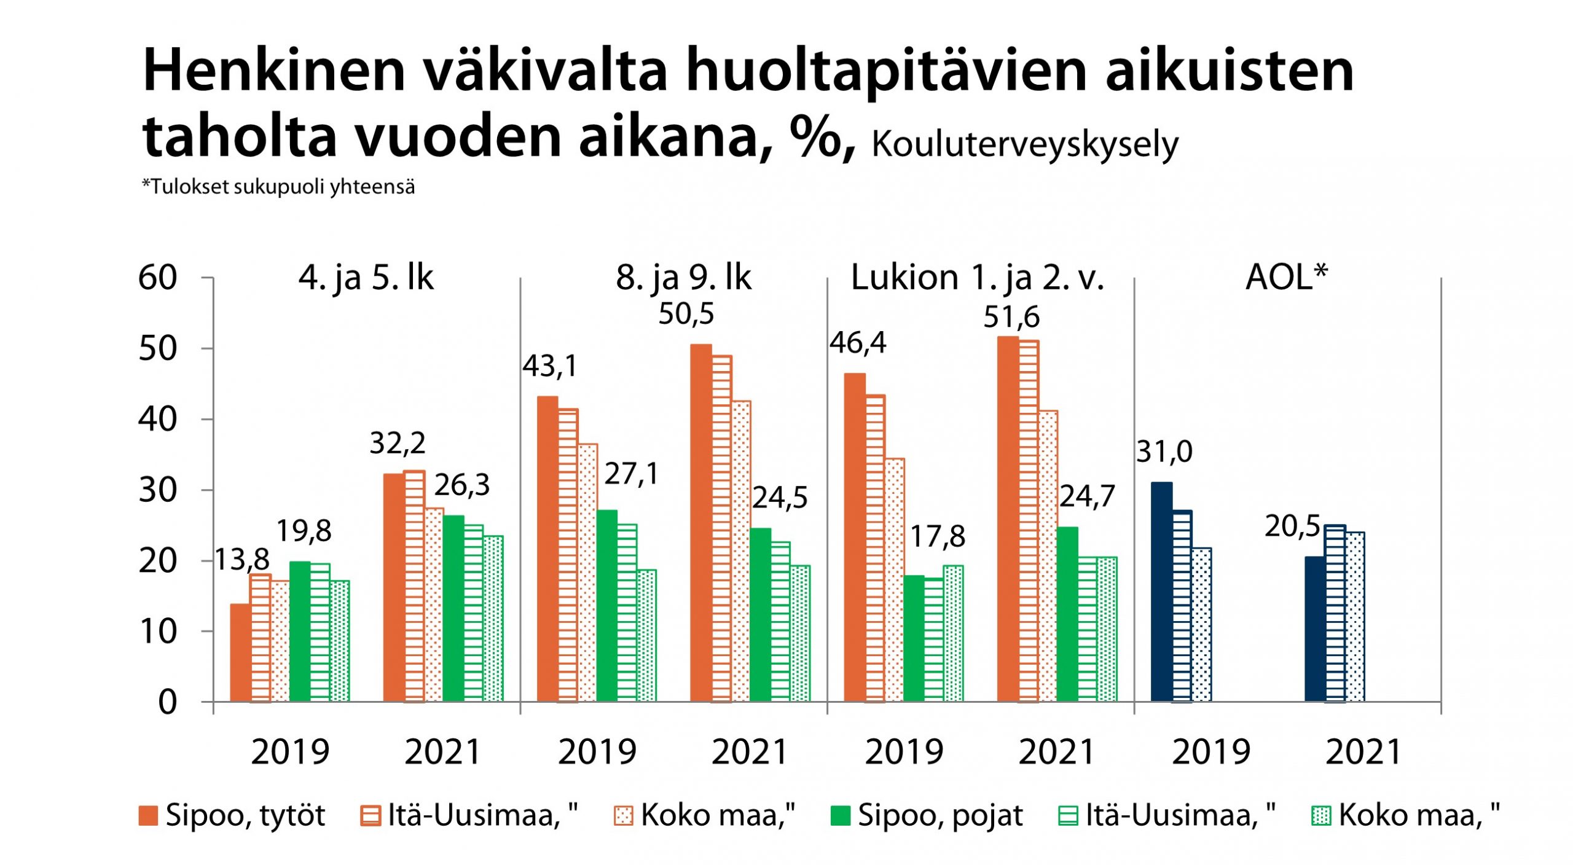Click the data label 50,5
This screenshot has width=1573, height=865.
click(686, 314)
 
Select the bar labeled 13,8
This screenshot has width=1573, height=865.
click(240, 652)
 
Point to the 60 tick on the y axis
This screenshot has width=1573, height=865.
click(158, 278)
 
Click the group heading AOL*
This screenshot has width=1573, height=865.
click(1286, 277)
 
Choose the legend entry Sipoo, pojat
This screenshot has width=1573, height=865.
click(927, 816)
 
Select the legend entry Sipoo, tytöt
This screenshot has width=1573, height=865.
click(233, 816)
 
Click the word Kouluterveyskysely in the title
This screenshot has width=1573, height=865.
click(1024, 146)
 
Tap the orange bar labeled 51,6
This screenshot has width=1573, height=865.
click(1007, 519)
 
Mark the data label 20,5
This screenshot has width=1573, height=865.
click(1292, 526)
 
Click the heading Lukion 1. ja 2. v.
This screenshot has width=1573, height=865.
click(977, 278)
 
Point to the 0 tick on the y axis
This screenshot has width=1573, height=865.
click(167, 702)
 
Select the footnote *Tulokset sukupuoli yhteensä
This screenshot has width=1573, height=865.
click(278, 186)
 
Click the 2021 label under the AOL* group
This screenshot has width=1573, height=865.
click(1363, 752)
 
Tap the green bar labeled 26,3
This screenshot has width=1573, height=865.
click(453, 608)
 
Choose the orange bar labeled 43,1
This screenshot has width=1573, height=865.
click(547, 549)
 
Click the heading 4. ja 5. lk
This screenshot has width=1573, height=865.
click(366, 278)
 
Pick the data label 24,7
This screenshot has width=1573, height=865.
click(1086, 496)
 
